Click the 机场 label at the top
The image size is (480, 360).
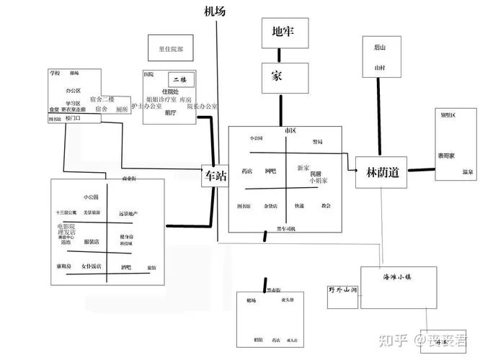[x=216, y=11]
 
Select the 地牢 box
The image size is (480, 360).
[x=282, y=32]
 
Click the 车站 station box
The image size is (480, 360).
[x=215, y=175]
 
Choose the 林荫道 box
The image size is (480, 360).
[x=382, y=173]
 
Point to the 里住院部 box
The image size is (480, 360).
[x=171, y=50]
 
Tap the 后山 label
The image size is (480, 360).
[x=380, y=48]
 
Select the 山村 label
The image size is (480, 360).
[x=380, y=67]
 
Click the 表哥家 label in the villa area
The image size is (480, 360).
[x=445, y=156]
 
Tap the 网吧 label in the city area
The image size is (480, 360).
[x=270, y=171]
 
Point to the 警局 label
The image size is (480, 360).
[x=317, y=142]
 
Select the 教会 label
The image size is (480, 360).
[x=326, y=206]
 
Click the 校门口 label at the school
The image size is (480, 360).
[x=73, y=118]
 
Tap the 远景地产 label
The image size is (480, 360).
[x=128, y=214]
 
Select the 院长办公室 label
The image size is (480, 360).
[x=202, y=107]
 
